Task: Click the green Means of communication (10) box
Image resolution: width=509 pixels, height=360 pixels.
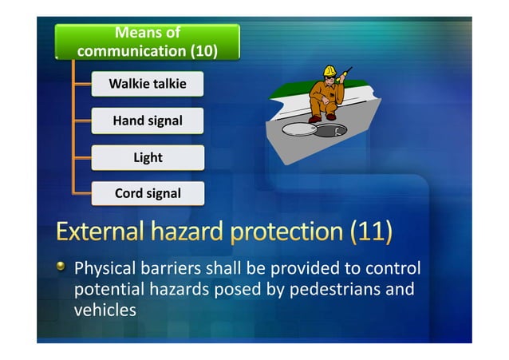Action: click(x=148, y=42)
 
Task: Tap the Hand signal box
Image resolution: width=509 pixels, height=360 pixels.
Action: click(x=148, y=121)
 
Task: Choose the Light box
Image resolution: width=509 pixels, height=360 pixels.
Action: click(x=148, y=157)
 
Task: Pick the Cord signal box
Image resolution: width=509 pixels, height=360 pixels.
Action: click(x=148, y=193)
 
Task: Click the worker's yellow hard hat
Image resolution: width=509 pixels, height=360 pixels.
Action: click(x=328, y=73)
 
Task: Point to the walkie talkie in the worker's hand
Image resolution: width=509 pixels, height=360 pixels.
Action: click(x=345, y=77)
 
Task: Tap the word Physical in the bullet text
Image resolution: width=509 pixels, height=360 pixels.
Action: click(x=105, y=268)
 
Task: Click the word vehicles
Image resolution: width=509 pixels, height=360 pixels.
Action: click(x=105, y=309)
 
